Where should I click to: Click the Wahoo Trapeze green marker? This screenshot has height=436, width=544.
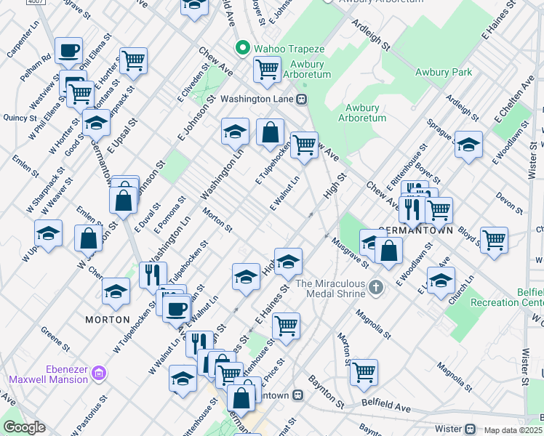(x=242, y=49)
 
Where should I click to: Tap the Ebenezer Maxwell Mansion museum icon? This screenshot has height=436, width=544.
(x=100, y=374)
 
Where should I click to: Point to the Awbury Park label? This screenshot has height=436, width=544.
(x=443, y=72)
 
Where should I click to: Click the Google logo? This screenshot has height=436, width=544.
(x=24, y=427)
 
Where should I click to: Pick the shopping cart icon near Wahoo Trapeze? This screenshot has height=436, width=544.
(x=267, y=69)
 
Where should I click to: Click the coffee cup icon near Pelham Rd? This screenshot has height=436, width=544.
(x=69, y=50)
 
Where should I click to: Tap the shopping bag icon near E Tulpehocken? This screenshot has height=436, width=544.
(x=270, y=133)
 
